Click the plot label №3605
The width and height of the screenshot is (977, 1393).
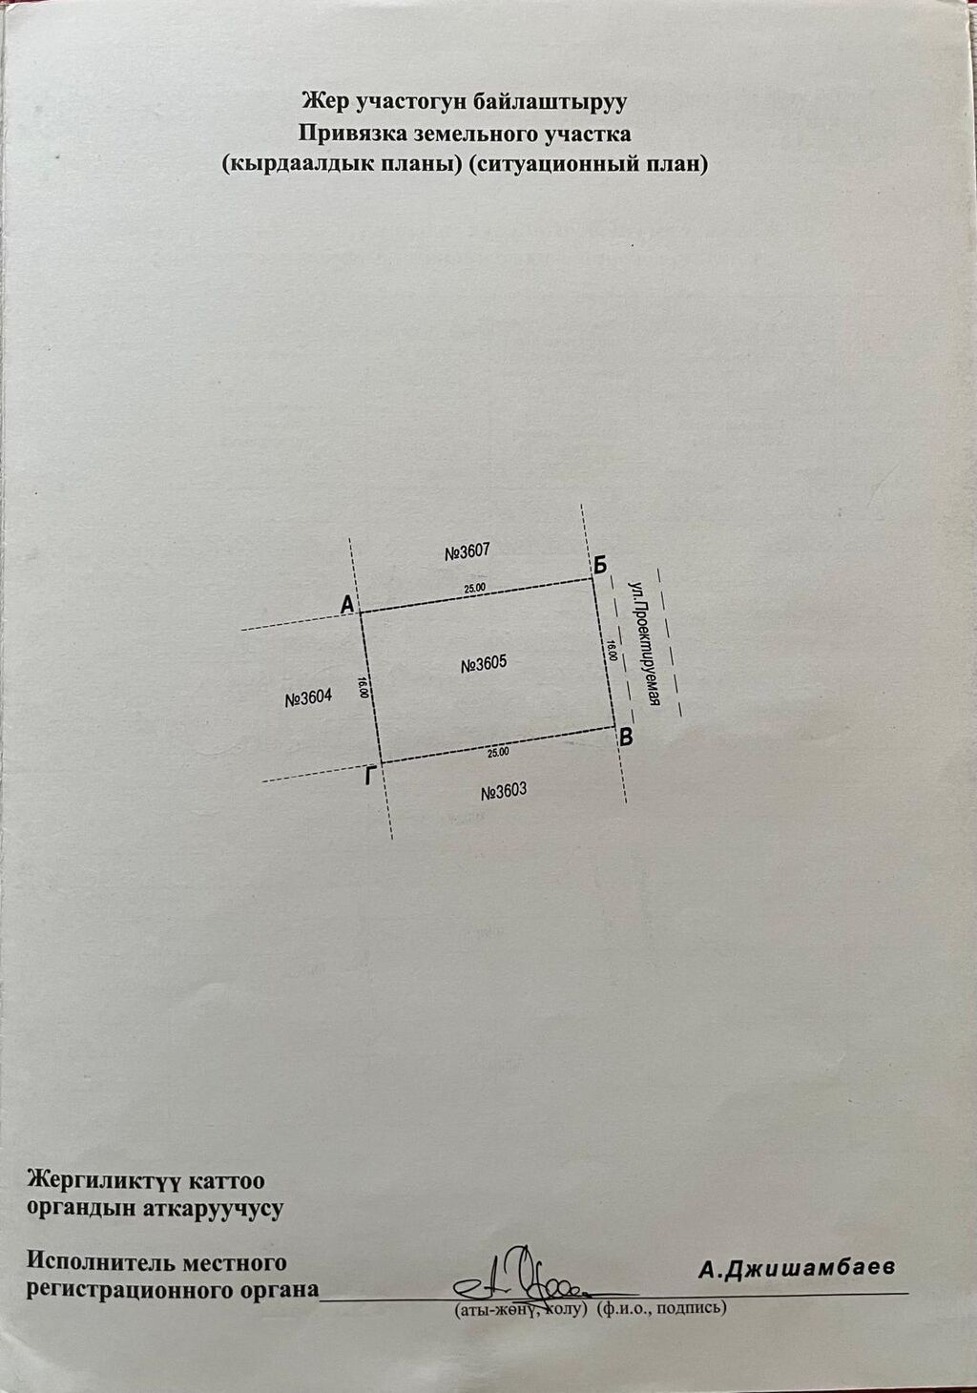pyautogui.click(x=484, y=664)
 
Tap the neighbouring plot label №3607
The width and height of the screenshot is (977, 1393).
pyautogui.click(x=468, y=551)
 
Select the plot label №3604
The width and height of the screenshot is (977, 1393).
pyautogui.click(x=308, y=698)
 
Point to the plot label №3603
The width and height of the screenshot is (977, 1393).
pyautogui.click(x=504, y=791)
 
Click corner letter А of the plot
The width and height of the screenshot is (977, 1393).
pyautogui.click(x=347, y=604)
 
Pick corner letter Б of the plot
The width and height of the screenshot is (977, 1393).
pyautogui.click(x=599, y=565)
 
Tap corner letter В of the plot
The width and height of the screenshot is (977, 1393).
pyautogui.click(x=626, y=738)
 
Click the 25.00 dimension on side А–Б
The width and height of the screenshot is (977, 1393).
pyautogui.click(x=475, y=587)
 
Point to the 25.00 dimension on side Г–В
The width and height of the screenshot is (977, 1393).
pyautogui.click(x=498, y=752)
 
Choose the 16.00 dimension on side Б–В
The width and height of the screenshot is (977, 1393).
pyautogui.click(x=613, y=650)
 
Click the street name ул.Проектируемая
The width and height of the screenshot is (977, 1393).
pyautogui.click(x=644, y=643)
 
